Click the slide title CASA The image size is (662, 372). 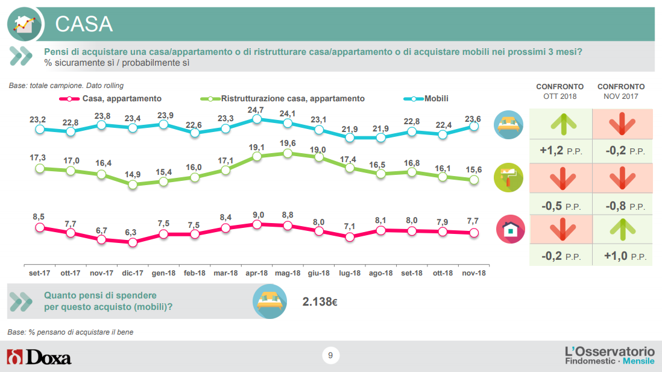84,24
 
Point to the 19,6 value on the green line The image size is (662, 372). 288,143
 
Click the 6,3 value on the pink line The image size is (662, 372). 133,232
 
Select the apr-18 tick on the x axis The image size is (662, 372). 257,273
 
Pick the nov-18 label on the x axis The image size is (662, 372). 474,273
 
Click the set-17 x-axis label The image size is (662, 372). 40,273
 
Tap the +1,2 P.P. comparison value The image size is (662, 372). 560,151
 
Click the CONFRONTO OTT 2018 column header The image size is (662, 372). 560,91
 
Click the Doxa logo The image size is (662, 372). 39,357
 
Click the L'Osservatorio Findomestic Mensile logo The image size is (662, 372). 609,355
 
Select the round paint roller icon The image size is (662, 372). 509,177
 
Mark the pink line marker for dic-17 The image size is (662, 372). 133,242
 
